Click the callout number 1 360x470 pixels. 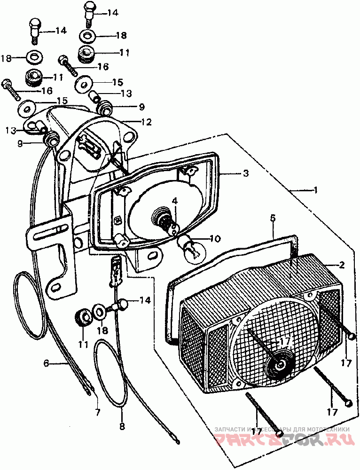point(315,190)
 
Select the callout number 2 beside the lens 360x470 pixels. point(342,265)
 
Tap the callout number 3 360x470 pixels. point(245,173)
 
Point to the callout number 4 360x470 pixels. point(174,201)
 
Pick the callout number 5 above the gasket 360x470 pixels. point(273,218)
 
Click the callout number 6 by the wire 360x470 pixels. point(46,363)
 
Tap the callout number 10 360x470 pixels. point(214,239)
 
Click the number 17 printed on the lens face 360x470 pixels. point(285,342)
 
